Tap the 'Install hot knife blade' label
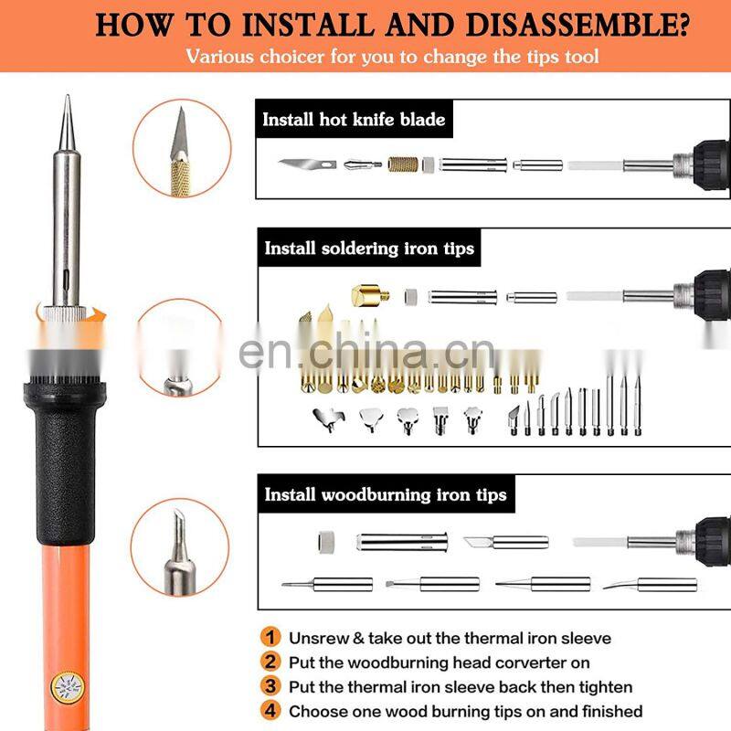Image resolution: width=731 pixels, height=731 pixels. [x=354, y=120]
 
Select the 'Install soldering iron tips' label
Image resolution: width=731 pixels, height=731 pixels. [x=369, y=248]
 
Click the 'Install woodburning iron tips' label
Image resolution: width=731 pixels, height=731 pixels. [x=385, y=494]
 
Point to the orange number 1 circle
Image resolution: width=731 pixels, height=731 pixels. [x=270, y=638]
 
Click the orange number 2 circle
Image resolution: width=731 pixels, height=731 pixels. [x=270, y=662]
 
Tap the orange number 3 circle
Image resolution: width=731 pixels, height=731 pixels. [x=270, y=686]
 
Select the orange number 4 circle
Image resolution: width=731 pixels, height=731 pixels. [x=270, y=711]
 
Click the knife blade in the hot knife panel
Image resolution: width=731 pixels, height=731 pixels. [x=303, y=165]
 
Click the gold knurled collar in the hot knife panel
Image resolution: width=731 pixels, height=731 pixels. [x=403, y=165]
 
